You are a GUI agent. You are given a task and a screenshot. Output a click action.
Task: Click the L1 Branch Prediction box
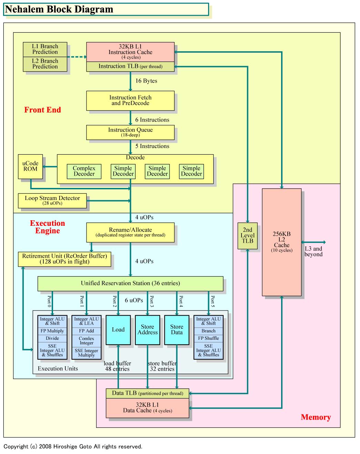(45, 50)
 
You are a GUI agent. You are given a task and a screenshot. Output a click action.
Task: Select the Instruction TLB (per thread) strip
(130, 66)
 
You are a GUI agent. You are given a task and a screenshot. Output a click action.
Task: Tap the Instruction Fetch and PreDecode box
(130, 101)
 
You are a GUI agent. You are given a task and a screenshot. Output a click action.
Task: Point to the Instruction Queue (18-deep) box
(130, 132)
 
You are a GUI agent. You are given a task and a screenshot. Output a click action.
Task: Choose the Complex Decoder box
(84, 171)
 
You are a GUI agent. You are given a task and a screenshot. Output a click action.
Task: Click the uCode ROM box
(30, 166)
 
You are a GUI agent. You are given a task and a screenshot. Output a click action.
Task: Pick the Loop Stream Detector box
(52, 201)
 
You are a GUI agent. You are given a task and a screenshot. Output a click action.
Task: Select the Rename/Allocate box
(130, 232)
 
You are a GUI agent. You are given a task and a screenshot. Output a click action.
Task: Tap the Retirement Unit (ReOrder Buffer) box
(65, 259)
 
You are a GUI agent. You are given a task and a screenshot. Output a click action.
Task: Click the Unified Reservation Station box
(130, 283)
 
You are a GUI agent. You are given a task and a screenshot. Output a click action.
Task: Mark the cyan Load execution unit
(118, 330)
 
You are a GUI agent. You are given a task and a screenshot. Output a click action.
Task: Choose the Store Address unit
(147, 330)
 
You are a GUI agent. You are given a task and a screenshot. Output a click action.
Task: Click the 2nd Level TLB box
(247, 236)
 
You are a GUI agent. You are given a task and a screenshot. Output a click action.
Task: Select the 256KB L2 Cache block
(281, 242)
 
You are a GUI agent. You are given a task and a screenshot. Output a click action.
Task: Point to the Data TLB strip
(147, 393)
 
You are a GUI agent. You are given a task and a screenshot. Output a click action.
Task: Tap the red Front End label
(42, 110)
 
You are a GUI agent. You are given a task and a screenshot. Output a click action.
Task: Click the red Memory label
(316, 417)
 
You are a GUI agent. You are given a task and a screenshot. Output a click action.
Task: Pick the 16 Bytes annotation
(146, 81)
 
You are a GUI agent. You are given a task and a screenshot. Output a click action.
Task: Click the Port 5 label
(213, 301)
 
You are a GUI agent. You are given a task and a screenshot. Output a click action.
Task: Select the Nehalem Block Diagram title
(59, 10)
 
